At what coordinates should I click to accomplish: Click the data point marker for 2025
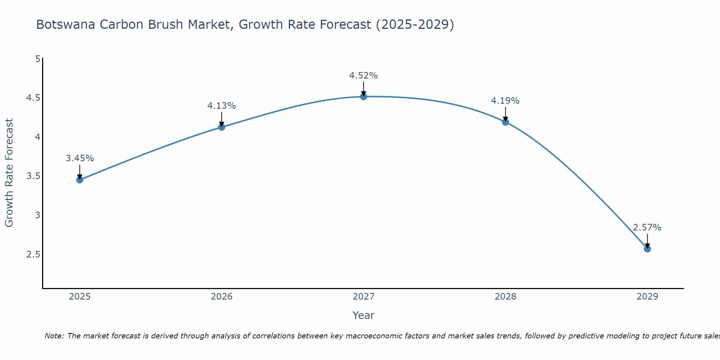coord(80,180)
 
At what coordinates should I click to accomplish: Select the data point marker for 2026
coord(221,127)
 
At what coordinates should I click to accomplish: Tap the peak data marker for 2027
coord(363,96)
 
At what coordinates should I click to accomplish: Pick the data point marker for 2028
coord(505,122)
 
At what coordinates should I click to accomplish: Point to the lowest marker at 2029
coord(647,249)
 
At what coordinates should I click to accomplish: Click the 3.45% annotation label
coord(80,158)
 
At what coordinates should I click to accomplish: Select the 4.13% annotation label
coord(221,106)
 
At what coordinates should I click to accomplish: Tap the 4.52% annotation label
coord(363,76)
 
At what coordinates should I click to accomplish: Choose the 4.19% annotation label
coord(505,101)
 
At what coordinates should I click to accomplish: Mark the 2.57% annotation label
coord(647,228)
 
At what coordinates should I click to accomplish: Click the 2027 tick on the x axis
coord(363,297)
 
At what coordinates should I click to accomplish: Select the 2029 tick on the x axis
coord(647,297)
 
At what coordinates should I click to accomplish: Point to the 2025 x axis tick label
coord(80,297)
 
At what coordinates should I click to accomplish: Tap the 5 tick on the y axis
coord(37,59)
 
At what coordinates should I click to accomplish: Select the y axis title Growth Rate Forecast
coord(9,172)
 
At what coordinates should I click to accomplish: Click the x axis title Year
coord(363,315)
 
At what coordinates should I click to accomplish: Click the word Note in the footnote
coord(54,336)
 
